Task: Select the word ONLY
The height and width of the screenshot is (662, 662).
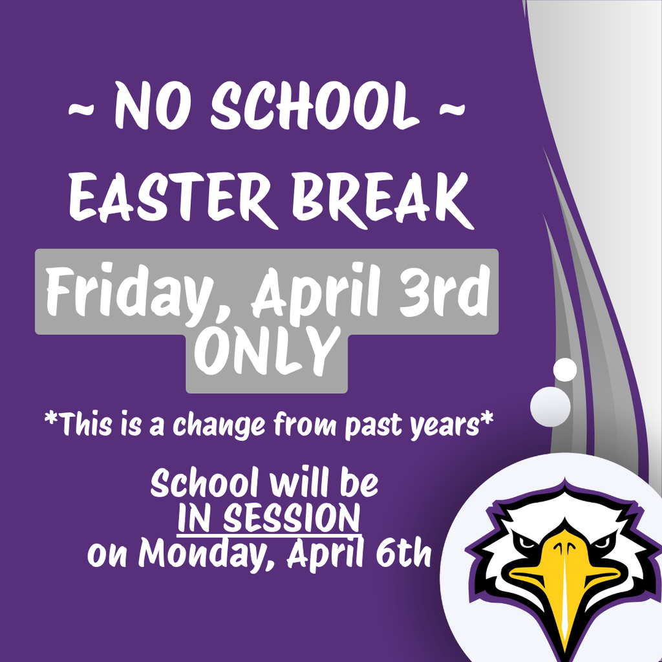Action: pyautogui.click(x=267, y=352)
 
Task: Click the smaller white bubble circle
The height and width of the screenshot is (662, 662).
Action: pyautogui.click(x=565, y=369)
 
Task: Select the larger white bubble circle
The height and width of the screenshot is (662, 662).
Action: pyautogui.click(x=550, y=406)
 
